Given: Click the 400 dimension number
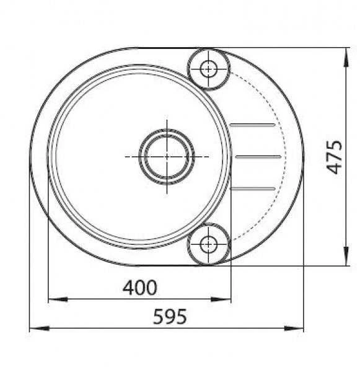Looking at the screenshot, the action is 139,288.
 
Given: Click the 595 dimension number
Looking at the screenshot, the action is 170,316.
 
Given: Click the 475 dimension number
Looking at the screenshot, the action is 334,157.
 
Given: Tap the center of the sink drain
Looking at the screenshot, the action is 167,157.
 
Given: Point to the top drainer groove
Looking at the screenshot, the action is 252,125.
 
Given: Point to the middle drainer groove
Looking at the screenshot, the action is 258,157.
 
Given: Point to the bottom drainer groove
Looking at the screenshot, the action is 252,188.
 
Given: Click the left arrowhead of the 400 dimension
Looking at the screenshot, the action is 58,299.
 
